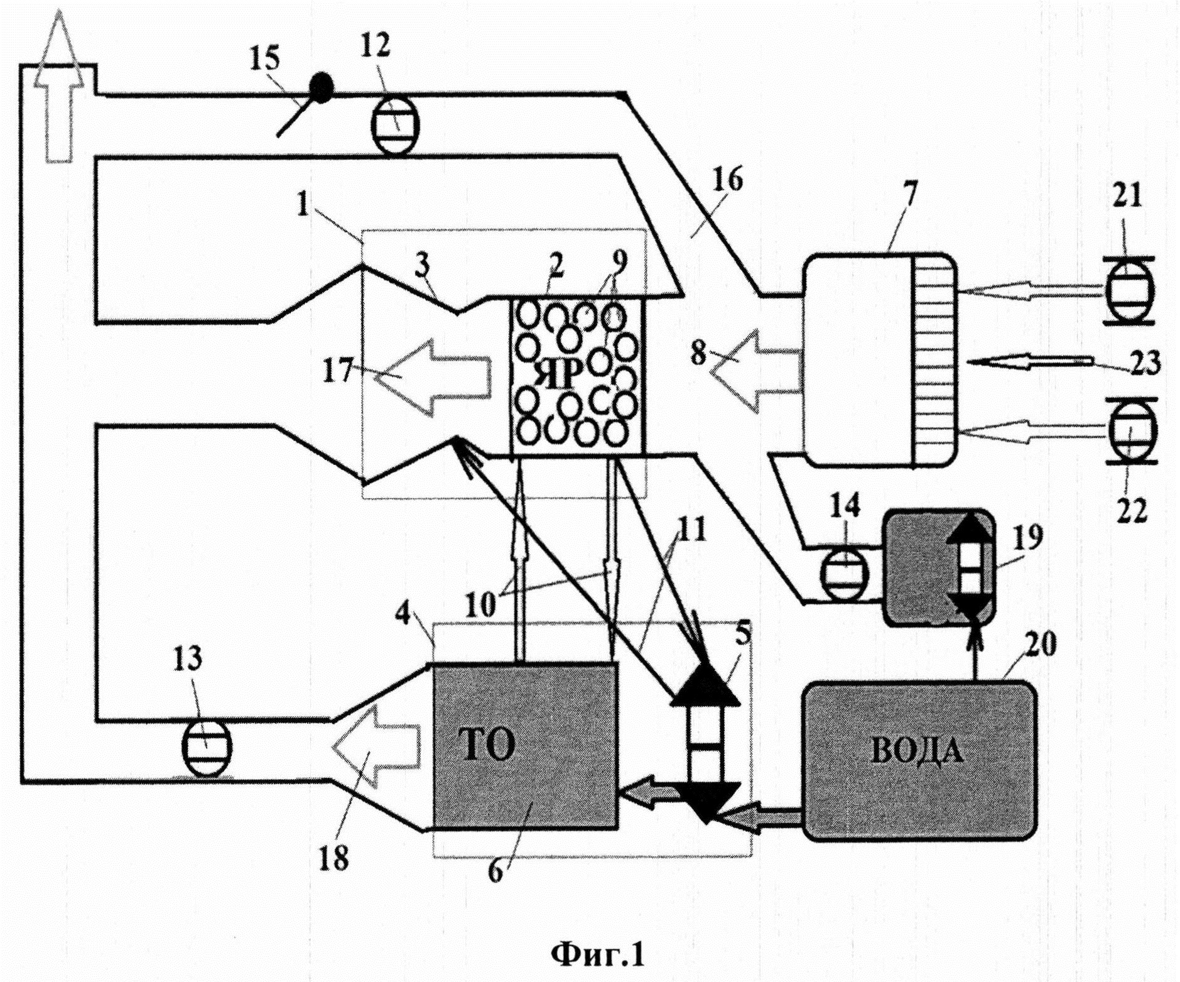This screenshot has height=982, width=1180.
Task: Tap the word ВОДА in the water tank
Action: tap(917, 751)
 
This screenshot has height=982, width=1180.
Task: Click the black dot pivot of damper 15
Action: tap(322, 88)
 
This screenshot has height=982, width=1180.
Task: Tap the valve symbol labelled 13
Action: tap(206, 746)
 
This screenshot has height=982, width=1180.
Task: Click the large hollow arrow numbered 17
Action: tap(433, 376)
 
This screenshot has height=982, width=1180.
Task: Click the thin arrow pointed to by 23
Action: tap(1030, 363)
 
